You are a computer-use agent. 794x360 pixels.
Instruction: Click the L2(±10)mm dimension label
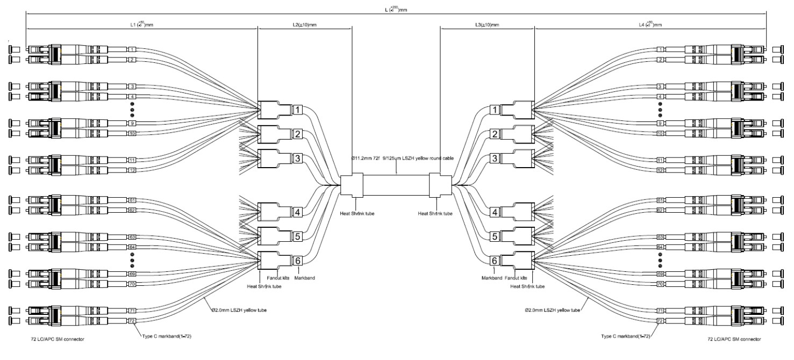click(304, 25)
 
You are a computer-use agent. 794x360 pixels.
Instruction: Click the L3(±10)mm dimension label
click(487, 25)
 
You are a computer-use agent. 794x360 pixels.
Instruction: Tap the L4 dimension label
click(650, 25)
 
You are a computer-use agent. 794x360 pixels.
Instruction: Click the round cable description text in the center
click(396, 160)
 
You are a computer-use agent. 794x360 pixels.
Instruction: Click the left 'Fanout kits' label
click(279, 278)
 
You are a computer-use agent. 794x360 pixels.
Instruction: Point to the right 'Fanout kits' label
click(515, 278)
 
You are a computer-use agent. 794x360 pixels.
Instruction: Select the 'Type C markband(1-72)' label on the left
click(167, 336)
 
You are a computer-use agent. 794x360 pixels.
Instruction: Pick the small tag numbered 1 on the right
click(660, 50)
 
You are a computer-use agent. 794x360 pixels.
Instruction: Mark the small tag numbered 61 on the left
click(132, 200)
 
